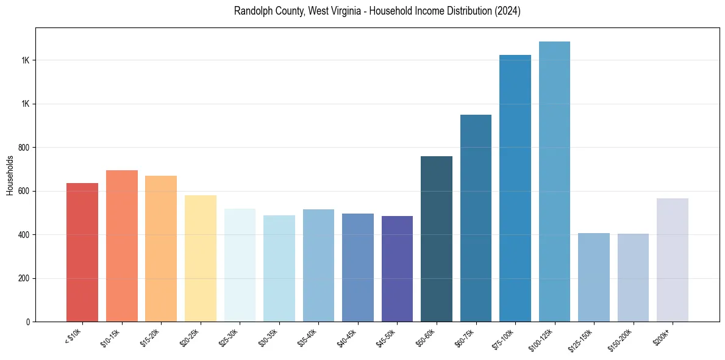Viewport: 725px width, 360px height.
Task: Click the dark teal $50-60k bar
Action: point(437,239)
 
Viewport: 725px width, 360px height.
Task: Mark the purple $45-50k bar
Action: point(397,268)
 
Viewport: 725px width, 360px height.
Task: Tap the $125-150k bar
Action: point(594,277)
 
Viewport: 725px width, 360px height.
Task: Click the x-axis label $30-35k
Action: point(269,337)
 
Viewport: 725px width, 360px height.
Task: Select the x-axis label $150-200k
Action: point(621,339)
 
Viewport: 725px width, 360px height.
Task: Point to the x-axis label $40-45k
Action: point(348,337)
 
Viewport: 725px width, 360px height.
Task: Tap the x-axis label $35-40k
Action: point(309,337)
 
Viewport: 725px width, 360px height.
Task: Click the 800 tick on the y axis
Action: point(24,148)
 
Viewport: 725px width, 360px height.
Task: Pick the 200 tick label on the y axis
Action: point(24,278)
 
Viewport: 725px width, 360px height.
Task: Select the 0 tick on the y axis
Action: point(28,322)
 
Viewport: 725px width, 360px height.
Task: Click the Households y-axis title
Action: point(10,175)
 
